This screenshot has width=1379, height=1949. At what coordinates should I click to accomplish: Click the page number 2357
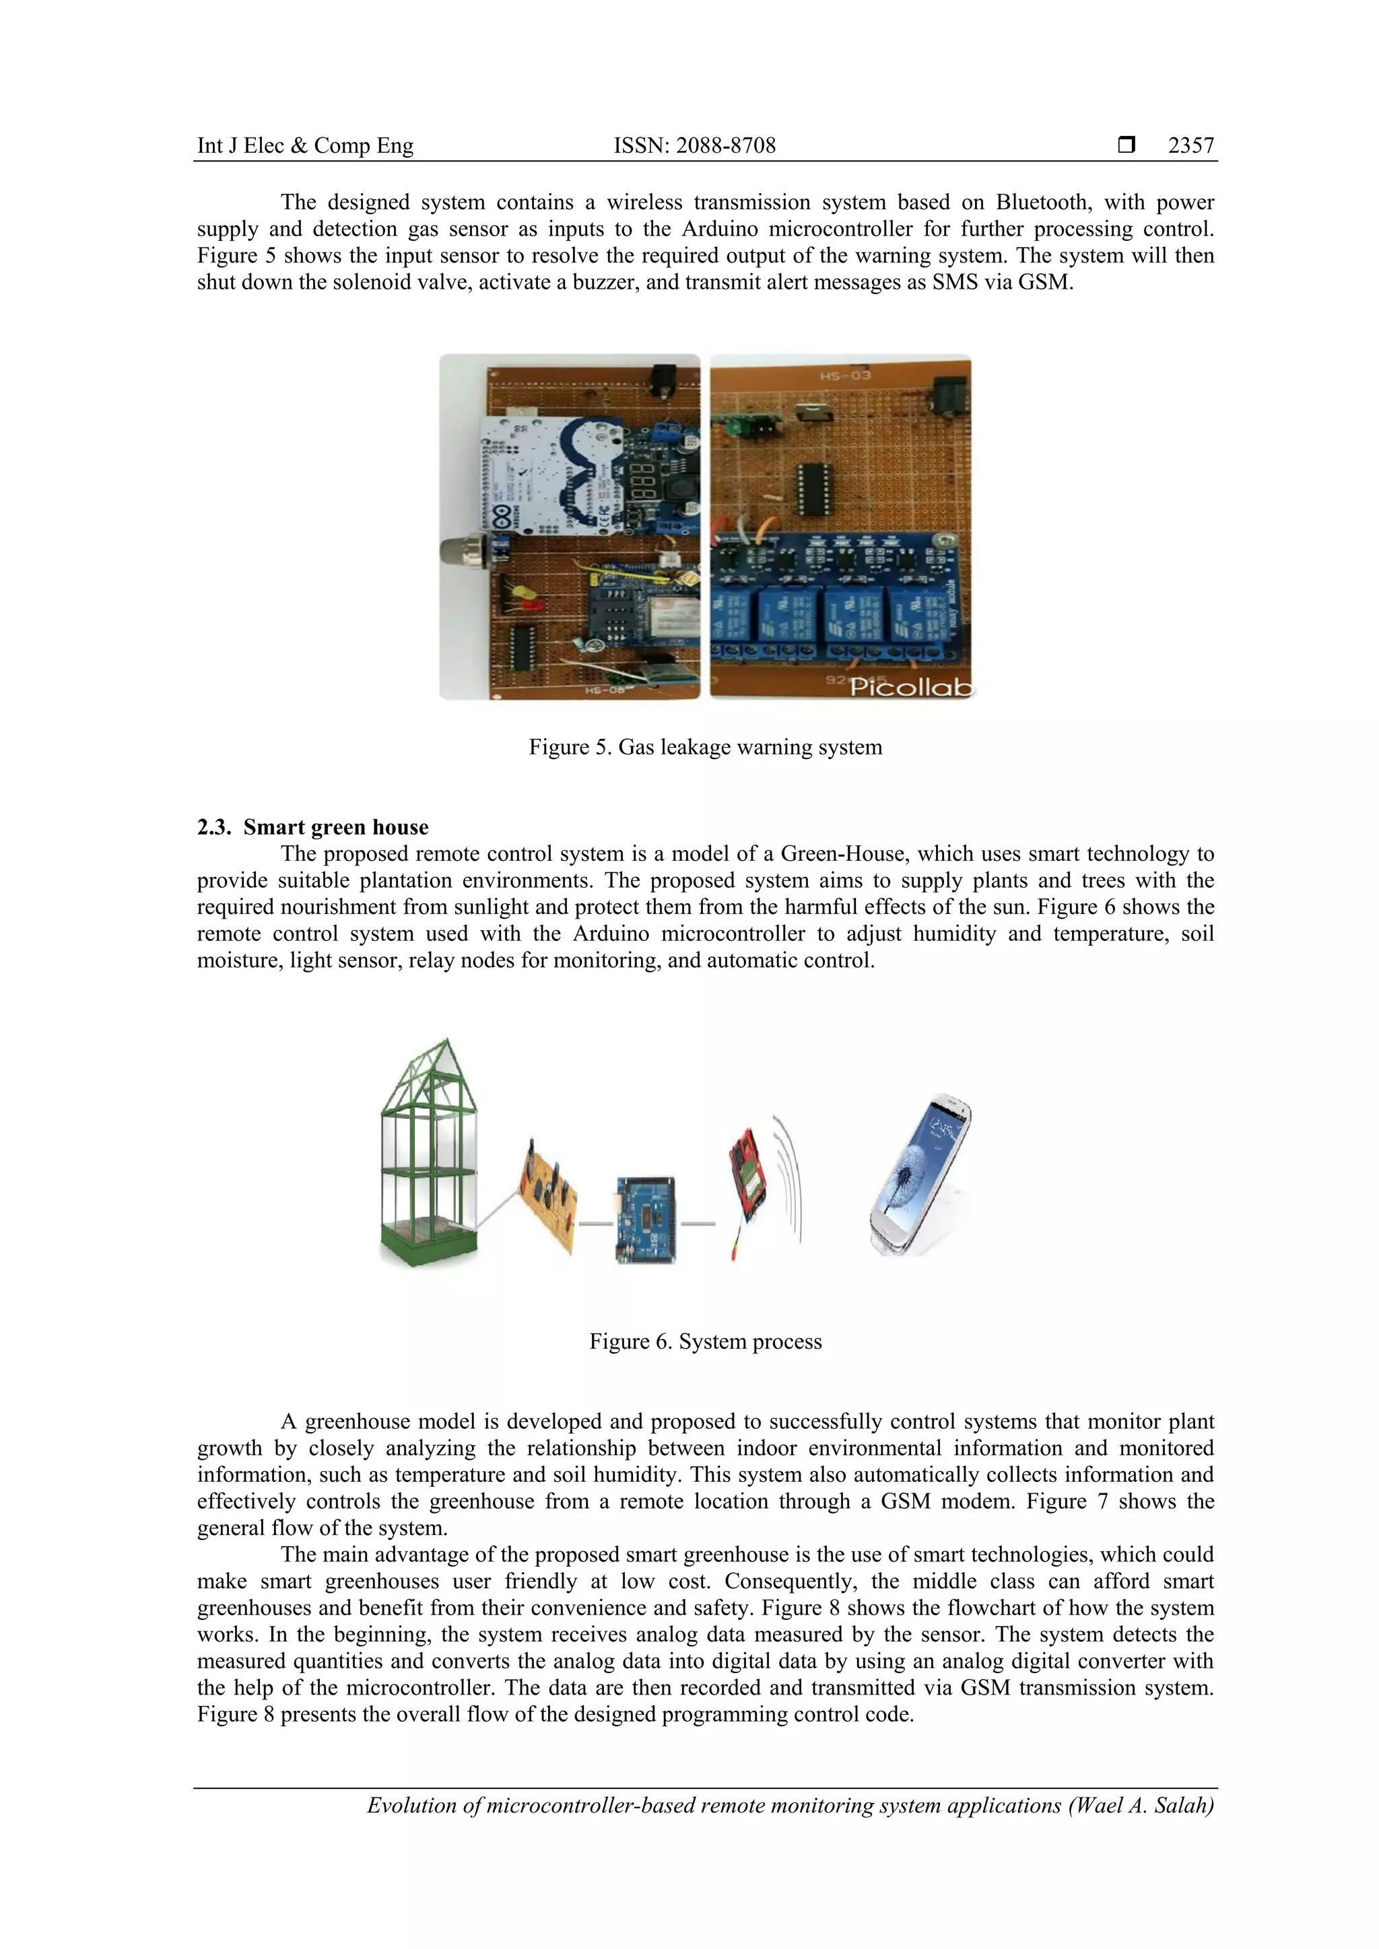1190,145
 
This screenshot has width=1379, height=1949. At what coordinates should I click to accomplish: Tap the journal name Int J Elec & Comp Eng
305,145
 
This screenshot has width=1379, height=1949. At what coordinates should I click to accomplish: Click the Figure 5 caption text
705,747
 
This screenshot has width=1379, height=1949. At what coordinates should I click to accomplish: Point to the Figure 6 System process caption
705,1341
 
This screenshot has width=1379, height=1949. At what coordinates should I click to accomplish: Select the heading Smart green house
335,827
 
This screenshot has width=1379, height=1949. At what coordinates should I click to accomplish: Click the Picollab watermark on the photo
910,686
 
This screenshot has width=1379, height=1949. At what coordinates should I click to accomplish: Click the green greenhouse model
428,1154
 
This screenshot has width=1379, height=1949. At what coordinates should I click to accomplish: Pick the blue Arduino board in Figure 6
645,1220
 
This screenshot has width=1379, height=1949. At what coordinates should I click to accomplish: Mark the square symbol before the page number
1126,145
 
